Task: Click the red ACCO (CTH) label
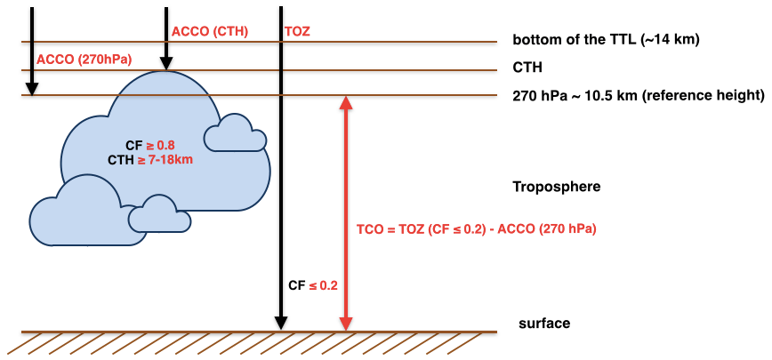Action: point(209,32)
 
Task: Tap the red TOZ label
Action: point(297,32)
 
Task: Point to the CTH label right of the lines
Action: point(527,67)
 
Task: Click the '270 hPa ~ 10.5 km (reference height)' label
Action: point(638,95)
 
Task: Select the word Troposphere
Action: point(557,187)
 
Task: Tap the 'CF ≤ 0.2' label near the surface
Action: point(313,285)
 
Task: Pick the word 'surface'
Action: point(543,324)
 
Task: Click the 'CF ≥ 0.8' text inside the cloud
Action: point(150,145)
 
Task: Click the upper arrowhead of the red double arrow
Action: point(346,103)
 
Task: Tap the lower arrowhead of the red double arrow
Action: point(346,323)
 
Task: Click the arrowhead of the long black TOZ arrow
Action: point(281,322)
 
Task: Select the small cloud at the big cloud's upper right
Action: point(234,133)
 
